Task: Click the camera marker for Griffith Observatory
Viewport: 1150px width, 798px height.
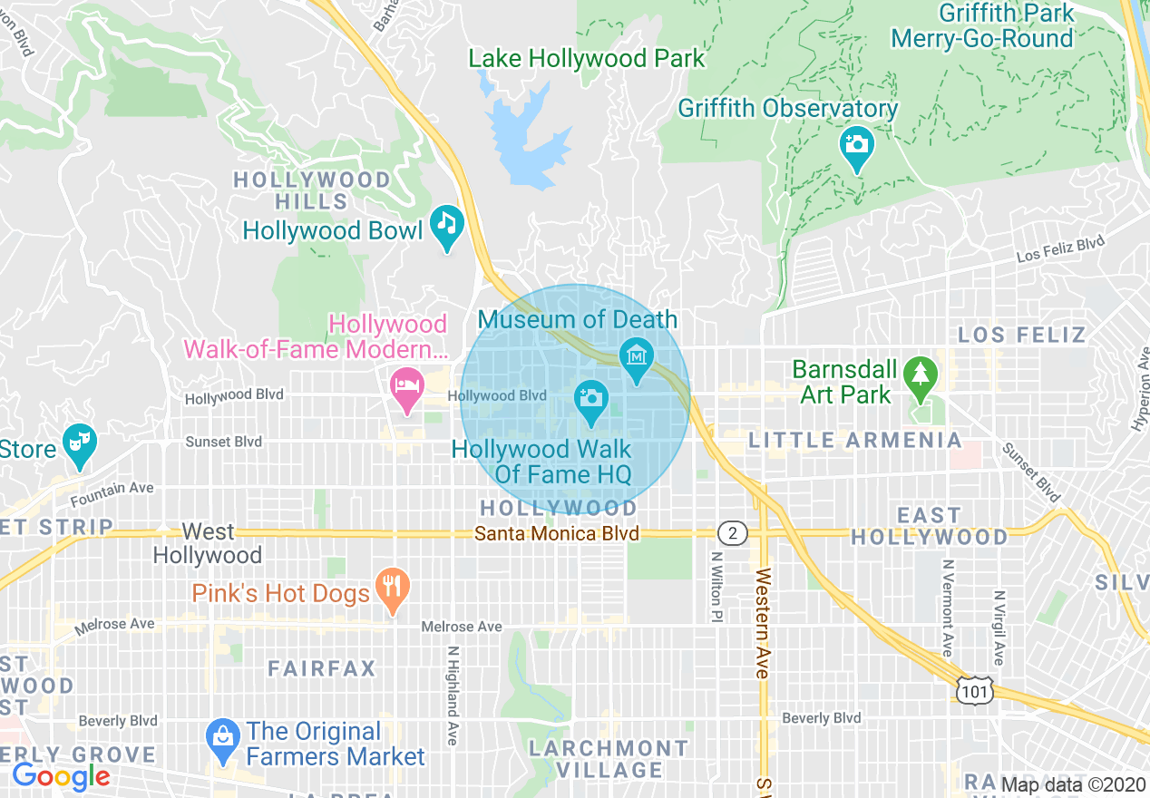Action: pyautogui.click(x=856, y=144)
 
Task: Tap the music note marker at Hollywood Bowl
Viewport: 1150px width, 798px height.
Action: pyautogui.click(x=445, y=222)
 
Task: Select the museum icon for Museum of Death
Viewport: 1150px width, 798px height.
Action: pyautogui.click(x=638, y=355)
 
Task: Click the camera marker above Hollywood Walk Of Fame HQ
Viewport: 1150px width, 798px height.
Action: pyautogui.click(x=591, y=397)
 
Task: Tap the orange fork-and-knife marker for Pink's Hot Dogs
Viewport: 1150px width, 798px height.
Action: pyautogui.click(x=392, y=585)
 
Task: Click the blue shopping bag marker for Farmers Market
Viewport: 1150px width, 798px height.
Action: pyautogui.click(x=221, y=733)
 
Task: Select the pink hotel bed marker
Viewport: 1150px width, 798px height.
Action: pyautogui.click(x=406, y=386)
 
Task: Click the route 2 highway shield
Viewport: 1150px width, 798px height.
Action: pyautogui.click(x=733, y=532)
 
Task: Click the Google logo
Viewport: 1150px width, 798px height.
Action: pyautogui.click(x=61, y=776)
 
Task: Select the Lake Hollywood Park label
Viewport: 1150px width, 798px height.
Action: pyautogui.click(x=586, y=59)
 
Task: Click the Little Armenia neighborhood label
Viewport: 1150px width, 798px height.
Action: pyautogui.click(x=854, y=441)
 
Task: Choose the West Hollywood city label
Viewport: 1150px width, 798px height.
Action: pyautogui.click(x=208, y=543)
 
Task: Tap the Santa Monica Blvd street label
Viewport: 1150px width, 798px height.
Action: pyautogui.click(x=557, y=533)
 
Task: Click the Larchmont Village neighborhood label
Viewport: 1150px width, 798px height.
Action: pyautogui.click(x=609, y=759)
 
